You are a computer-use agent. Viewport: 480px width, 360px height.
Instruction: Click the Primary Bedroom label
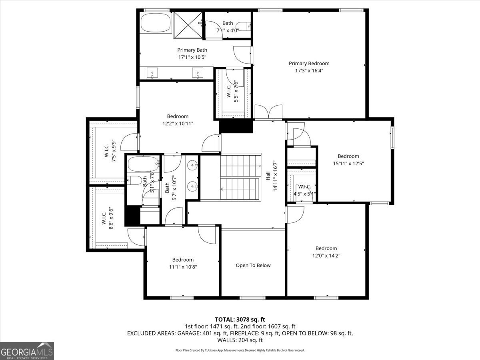coord(309,63)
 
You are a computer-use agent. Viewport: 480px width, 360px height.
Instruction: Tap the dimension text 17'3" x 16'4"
coord(309,70)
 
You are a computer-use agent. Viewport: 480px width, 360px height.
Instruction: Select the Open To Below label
coord(253,265)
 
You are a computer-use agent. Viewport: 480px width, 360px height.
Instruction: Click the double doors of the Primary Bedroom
coord(268,112)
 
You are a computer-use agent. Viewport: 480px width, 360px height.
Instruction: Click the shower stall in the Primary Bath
coord(188,25)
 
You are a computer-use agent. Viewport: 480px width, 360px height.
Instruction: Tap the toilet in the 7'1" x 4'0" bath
coord(244,27)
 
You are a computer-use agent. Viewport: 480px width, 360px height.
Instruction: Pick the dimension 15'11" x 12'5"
coord(348,163)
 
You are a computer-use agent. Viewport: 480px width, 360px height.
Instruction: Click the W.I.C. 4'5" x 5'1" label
coord(305,190)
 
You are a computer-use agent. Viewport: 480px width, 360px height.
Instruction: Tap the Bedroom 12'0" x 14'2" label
coord(326,252)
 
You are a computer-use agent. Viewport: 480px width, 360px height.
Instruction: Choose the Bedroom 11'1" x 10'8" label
coord(183,263)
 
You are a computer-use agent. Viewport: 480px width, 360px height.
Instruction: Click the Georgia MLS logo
coord(27,351)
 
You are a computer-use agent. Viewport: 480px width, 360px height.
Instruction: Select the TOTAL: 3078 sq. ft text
coord(240,319)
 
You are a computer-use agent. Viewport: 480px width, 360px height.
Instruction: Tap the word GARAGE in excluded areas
coord(189,333)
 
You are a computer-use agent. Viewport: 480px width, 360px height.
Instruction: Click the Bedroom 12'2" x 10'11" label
coord(178,120)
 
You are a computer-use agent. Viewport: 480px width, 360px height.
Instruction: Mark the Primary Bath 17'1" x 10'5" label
coord(192,54)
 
